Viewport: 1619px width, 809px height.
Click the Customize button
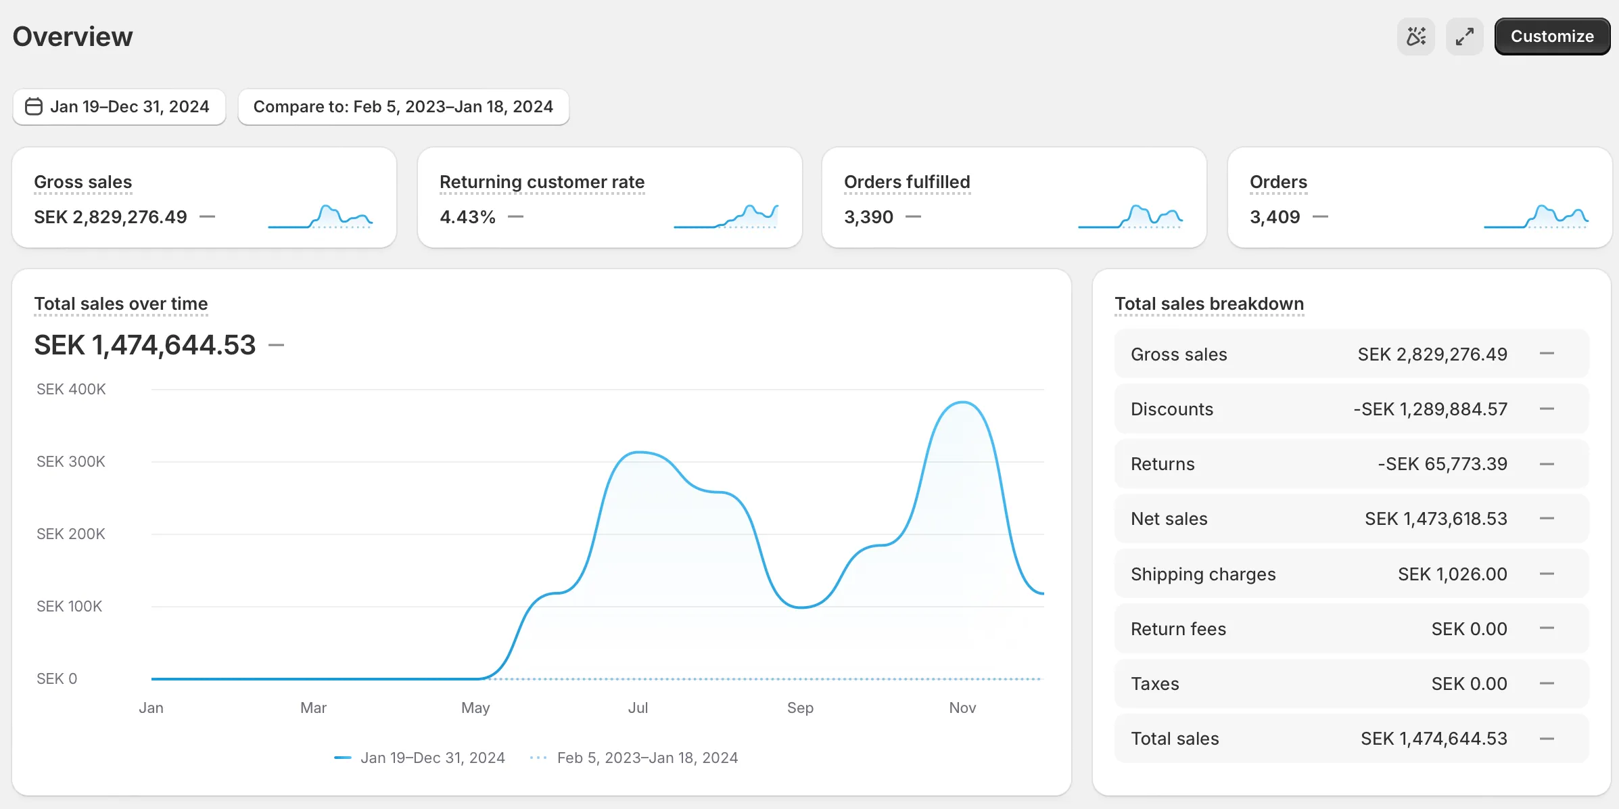click(1551, 37)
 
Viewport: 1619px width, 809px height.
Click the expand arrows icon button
click(1464, 37)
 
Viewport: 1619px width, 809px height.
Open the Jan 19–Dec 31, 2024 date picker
click(118, 107)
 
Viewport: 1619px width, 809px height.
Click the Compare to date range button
click(403, 107)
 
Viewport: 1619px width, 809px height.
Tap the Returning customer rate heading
click(542, 182)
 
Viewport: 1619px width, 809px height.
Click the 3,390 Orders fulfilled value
click(868, 217)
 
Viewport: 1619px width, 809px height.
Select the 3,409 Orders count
click(1274, 217)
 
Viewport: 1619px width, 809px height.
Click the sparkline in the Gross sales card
click(320, 216)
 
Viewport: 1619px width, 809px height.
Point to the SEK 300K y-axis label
click(71, 461)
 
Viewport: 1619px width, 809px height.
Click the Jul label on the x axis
click(638, 708)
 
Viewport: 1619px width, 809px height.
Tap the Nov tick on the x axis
click(962, 708)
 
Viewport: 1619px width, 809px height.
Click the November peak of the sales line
click(962, 402)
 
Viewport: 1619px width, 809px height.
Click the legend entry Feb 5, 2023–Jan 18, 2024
click(647, 758)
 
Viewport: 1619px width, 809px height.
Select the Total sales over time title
click(121, 304)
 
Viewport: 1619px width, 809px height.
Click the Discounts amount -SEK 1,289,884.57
click(1430, 409)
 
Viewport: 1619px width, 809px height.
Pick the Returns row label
click(1163, 464)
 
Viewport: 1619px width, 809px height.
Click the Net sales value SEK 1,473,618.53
click(1435, 519)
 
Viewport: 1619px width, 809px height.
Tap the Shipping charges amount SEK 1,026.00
click(1452, 574)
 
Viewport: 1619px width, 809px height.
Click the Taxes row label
click(1154, 684)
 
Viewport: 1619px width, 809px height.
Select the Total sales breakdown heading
click(1209, 304)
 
